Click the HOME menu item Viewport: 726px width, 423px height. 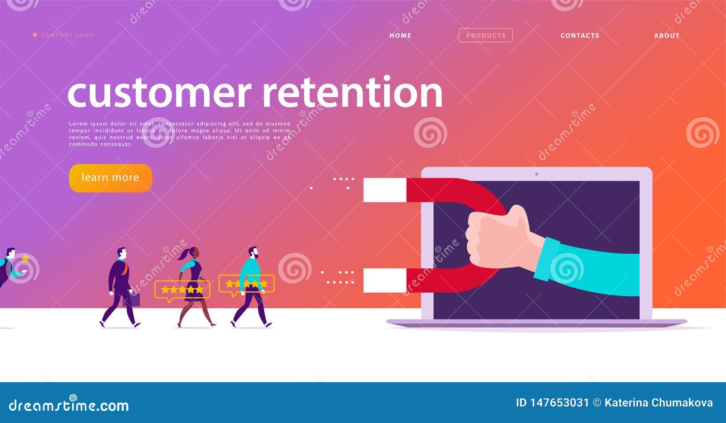click(400, 35)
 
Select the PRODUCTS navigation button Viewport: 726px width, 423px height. click(486, 35)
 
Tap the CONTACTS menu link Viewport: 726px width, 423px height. click(580, 35)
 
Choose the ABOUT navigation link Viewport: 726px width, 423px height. click(667, 35)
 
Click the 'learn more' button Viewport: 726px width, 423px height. click(110, 177)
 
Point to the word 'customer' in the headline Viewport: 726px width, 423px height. click(159, 93)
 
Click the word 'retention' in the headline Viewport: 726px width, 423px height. click(353, 93)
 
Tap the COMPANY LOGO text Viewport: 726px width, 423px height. click(67, 35)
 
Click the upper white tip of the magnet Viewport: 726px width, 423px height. click(385, 190)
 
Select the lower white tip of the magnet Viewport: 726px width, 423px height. click(385, 280)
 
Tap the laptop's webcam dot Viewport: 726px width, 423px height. click(537, 174)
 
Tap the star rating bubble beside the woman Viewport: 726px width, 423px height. click(182, 290)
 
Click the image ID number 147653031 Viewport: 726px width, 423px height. click(559, 403)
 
